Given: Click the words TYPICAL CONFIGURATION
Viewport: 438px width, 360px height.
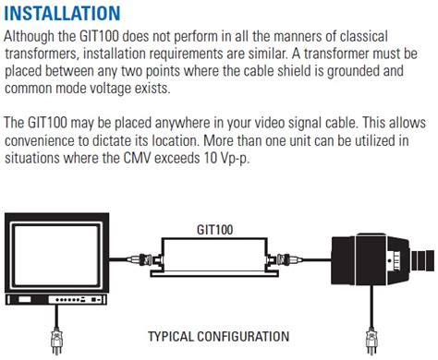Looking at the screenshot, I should [x=218, y=337].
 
